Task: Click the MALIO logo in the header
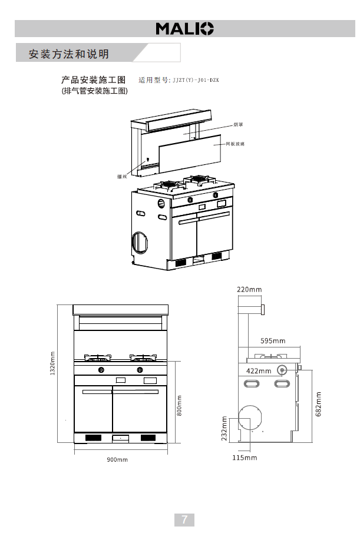pos(184,28)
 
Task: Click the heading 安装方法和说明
pos(69,54)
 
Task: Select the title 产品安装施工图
pos(94,80)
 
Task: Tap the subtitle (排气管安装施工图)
pos(94,91)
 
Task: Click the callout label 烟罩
pos(237,125)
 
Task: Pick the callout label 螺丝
pos(122,176)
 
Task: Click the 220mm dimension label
pos(249,290)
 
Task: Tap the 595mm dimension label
pos(273,341)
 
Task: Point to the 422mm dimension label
pos(259,371)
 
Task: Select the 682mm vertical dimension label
pos(319,404)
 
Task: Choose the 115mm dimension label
pos(245,457)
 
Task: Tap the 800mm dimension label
pos(180,405)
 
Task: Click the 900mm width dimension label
pos(117,459)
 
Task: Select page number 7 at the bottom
pos(184,519)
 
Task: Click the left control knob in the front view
pos(102,370)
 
